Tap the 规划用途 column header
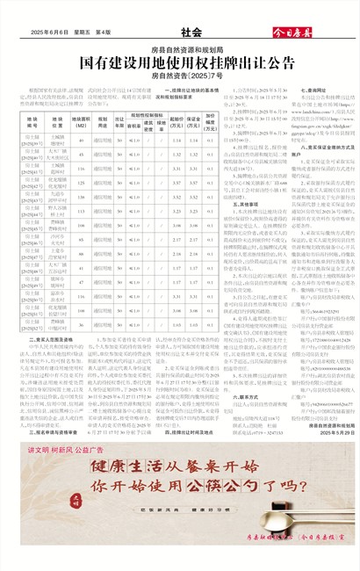click(103, 118)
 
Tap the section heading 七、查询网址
click(314, 90)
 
